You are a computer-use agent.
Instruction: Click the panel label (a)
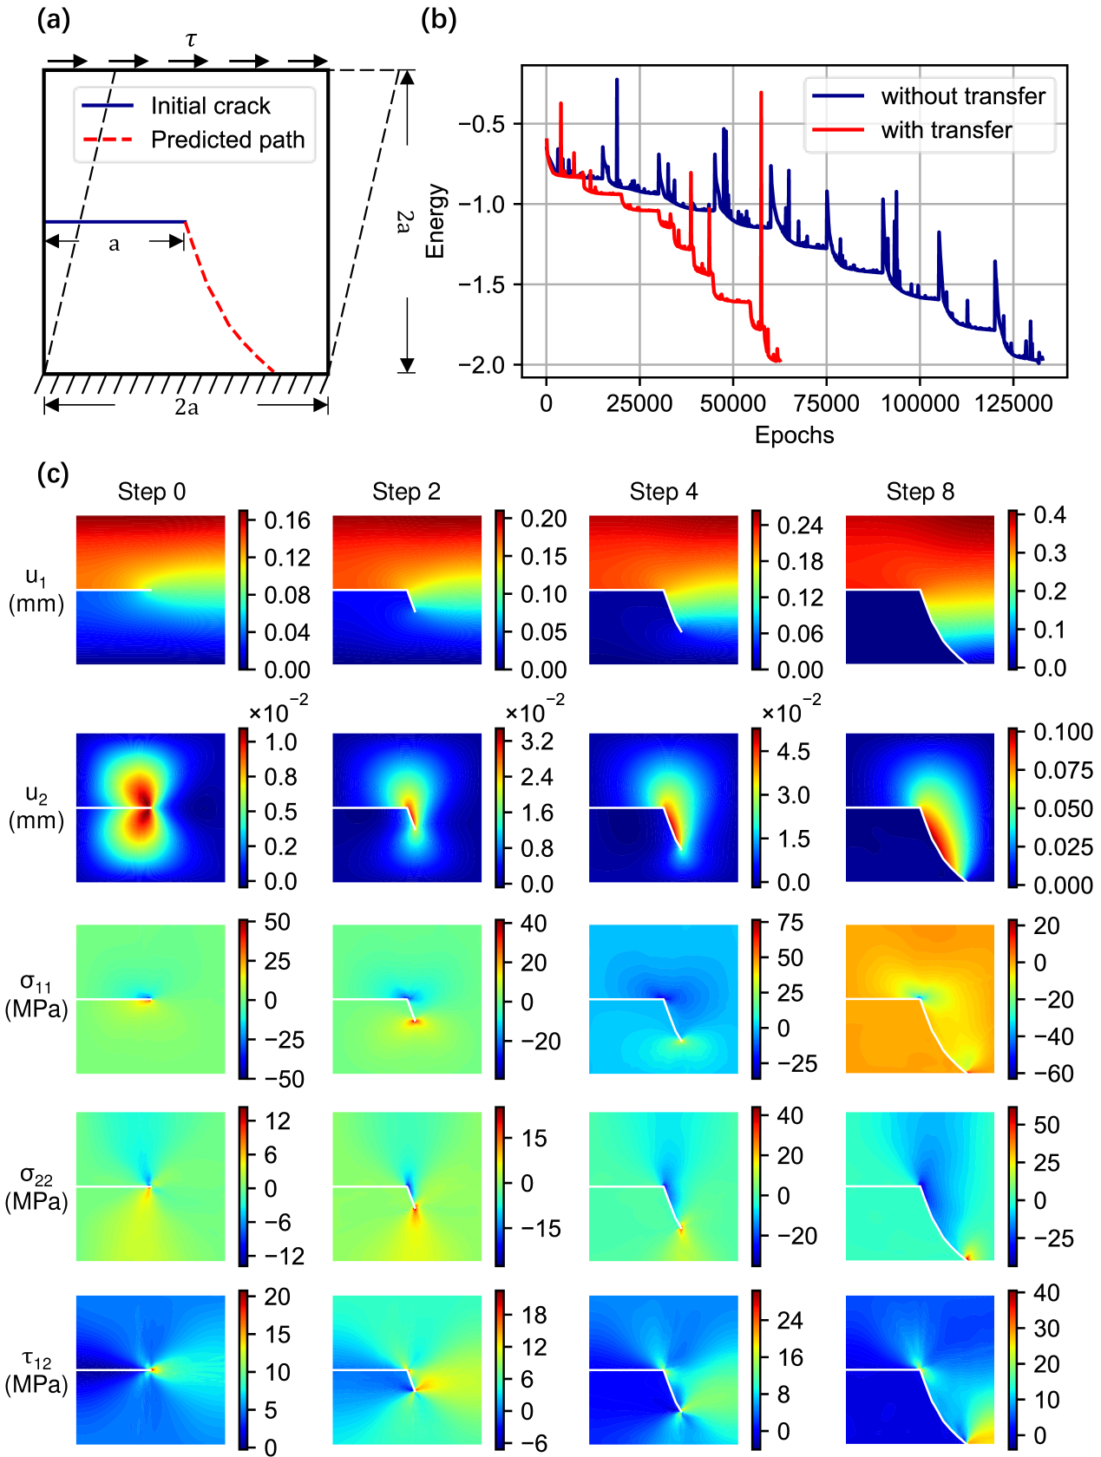coord(53,19)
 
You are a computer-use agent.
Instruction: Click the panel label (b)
coord(438,19)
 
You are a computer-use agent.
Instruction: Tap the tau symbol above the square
coord(192,40)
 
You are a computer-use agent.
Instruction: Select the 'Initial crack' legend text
coord(210,106)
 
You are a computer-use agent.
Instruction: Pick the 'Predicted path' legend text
coord(227,140)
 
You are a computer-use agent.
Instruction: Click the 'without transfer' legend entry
coord(963,96)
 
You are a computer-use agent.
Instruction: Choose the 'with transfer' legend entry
coord(946,130)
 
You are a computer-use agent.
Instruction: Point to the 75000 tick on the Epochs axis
coord(826,403)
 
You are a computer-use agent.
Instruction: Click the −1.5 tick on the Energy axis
coord(482,285)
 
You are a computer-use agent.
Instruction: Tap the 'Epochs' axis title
coord(794,435)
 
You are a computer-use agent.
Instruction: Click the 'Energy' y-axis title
coord(436,221)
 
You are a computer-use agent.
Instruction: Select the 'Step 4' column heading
coord(664,492)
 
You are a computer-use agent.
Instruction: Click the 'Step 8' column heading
coord(920,492)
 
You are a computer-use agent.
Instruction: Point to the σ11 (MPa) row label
coord(36,996)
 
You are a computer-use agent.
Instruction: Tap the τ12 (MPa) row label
coord(36,1373)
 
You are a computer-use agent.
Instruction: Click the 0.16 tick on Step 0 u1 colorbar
coord(287,520)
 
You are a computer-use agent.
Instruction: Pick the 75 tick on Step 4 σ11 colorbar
coord(790,923)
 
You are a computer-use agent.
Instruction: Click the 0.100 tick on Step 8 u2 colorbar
coord(1063,732)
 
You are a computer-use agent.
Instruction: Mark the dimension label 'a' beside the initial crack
coord(114,245)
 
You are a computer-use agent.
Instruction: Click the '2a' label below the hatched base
coord(187,408)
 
